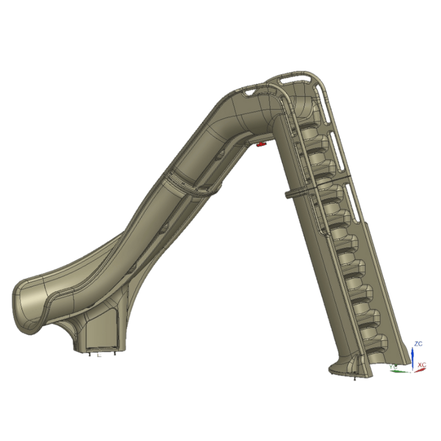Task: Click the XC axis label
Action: point(422,365)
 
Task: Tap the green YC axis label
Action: point(394,366)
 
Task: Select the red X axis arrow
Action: point(420,370)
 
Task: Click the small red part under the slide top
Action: point(261,144)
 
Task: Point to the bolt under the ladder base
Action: point(353,377)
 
